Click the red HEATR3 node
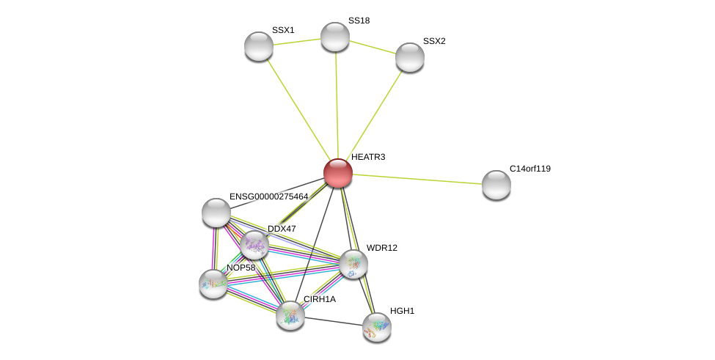coord(338,173)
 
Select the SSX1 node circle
coord(259,46)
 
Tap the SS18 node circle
coord(335,37)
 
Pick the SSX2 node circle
coord(410,57)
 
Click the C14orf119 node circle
coord(496,185)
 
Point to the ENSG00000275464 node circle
coord(216,213)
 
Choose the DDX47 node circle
coord(254,245)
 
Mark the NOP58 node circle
coord(213,284)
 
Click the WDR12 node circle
coord(353,264)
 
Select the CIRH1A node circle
coord(290,315)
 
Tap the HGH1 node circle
coord(377,327)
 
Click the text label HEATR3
coord(368,157)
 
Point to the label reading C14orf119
coord(529,169)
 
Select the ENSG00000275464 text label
coord(268,196)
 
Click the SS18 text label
coord(359,21)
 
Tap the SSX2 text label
coord(434,41)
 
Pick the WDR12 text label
coord(381,248)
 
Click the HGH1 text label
coord(402,311)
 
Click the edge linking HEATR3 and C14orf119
coord(417,179)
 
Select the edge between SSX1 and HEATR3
coord(298,110)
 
